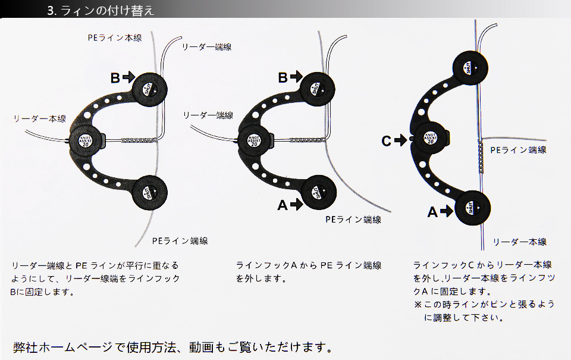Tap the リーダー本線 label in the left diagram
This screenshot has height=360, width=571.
tap(40, 119)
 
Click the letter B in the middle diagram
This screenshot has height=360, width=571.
tap(283, 77)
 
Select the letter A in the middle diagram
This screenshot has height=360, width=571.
tap(283, 205)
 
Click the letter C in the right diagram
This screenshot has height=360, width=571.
tap(386, 141)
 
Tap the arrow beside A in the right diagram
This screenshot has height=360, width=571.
tap(447, 211)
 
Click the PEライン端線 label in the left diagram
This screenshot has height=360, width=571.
tap(180, 241)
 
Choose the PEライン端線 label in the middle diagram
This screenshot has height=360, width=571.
tap(353, 220)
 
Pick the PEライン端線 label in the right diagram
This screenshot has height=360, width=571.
tap(518, 150)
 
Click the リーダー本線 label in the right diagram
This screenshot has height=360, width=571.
tap(519, 242)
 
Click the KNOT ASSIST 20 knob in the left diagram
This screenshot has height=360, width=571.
tap(85, 140)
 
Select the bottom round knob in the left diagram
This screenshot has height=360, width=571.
tap(149, 191)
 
